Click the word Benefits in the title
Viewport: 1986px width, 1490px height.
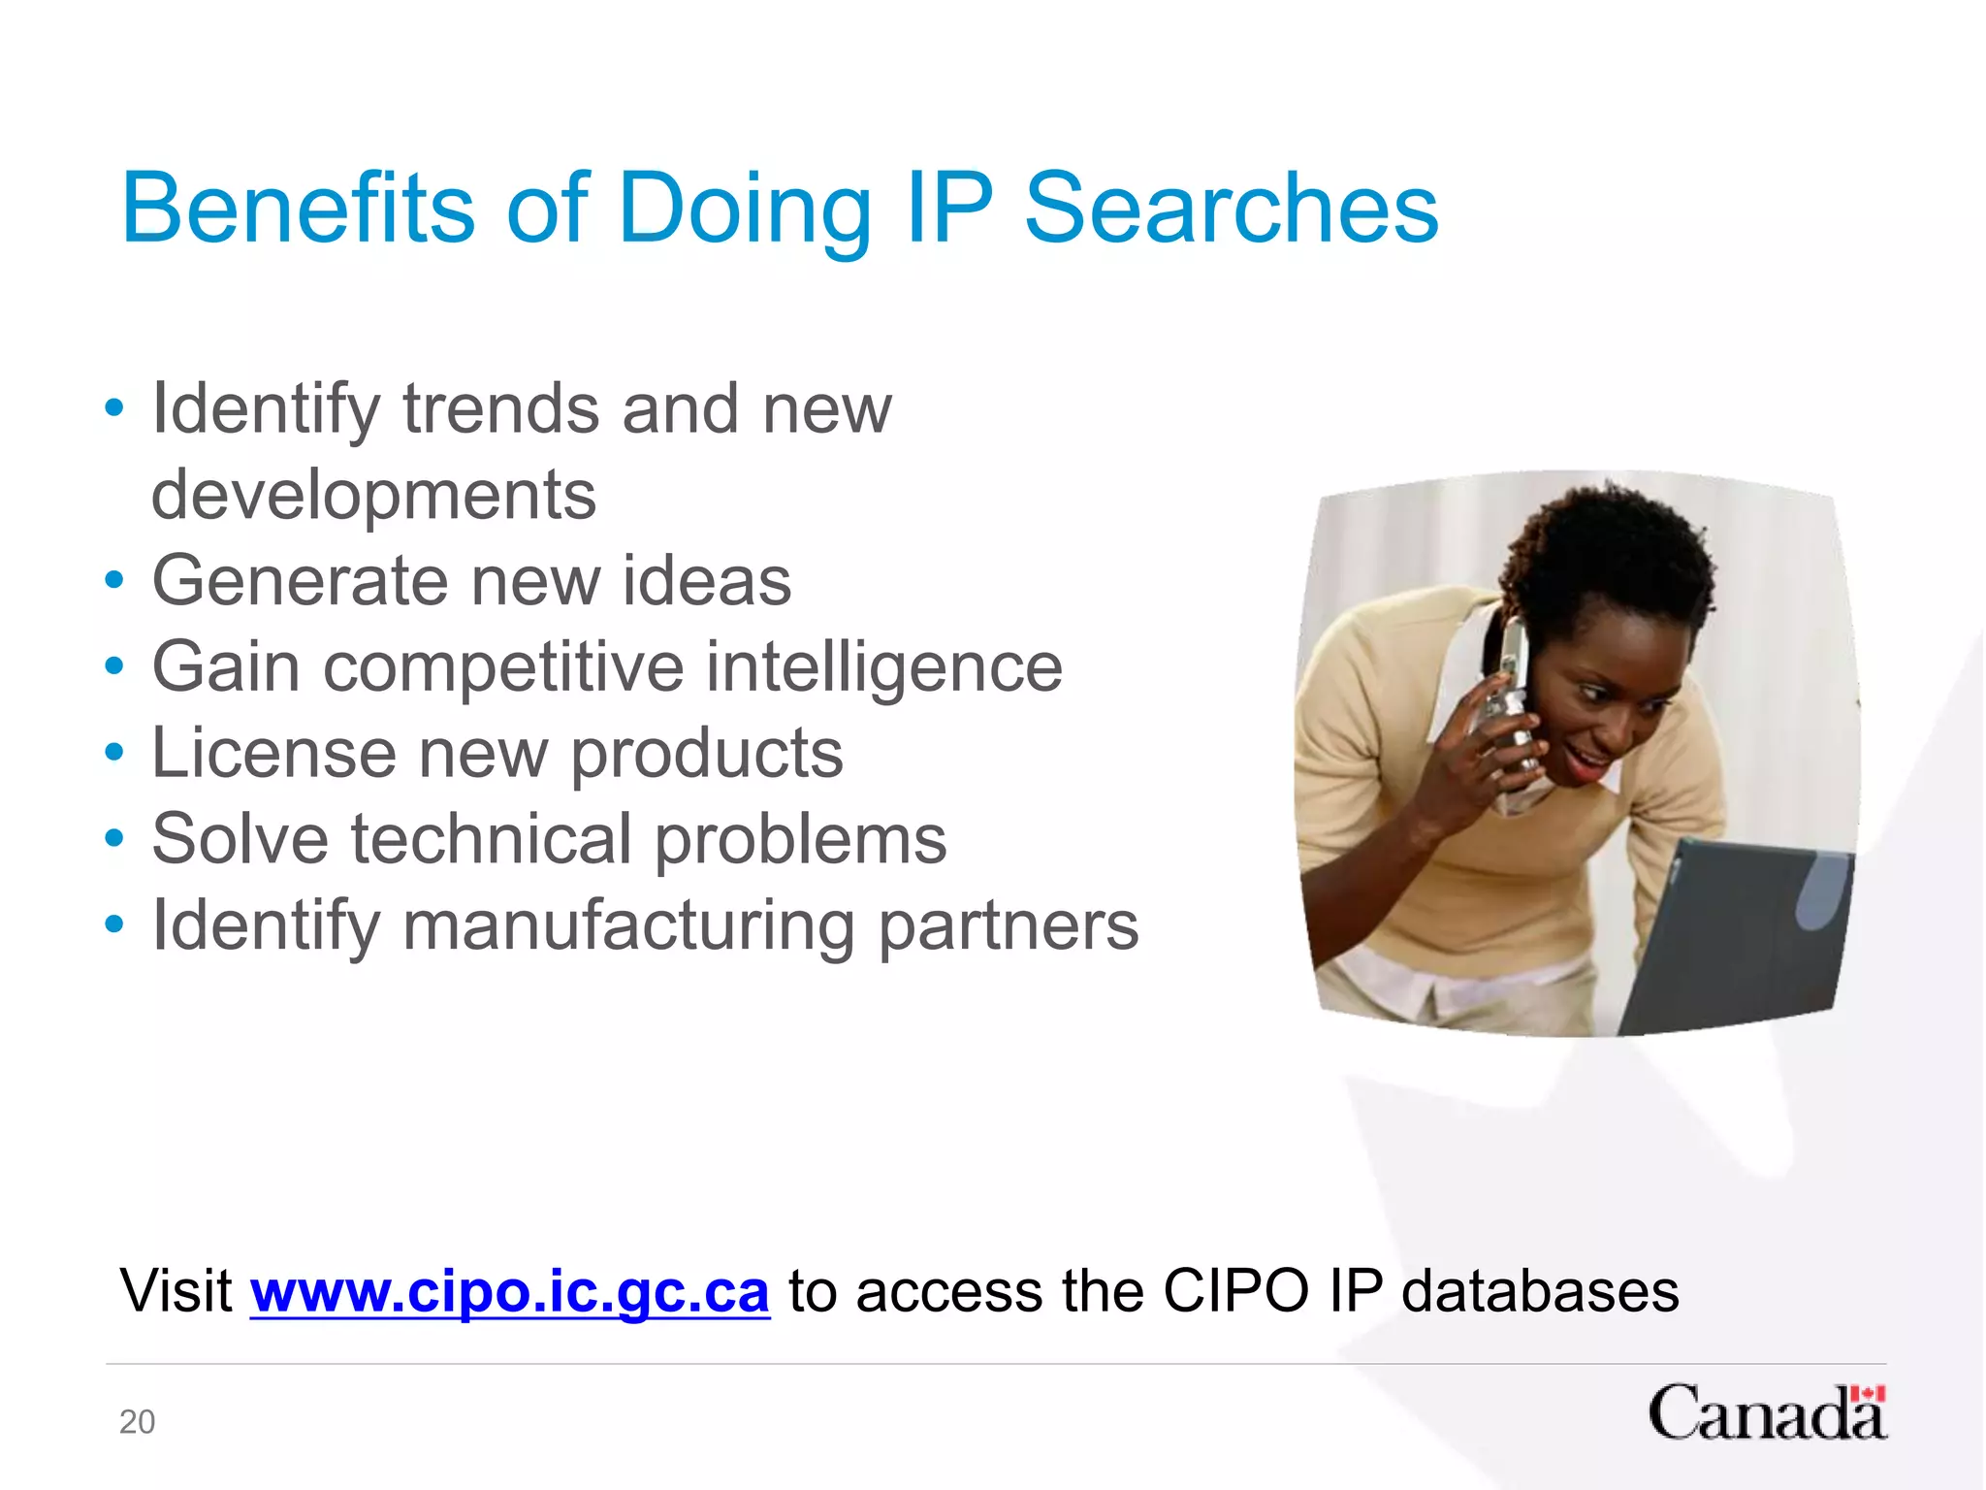297,208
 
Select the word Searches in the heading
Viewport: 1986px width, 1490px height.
1231,208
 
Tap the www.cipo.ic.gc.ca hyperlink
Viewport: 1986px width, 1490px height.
510,1291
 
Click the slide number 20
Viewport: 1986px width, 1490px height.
137,1421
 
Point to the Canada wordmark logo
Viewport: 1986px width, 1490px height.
1765,1414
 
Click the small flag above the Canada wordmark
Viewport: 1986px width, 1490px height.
1867,1395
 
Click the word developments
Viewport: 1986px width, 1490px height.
373,495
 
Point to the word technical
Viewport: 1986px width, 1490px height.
491,839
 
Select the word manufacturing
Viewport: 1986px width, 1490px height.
628,925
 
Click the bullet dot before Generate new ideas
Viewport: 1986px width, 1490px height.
114,581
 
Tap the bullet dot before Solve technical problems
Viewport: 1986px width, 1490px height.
114,839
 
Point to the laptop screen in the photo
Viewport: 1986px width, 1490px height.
1736,931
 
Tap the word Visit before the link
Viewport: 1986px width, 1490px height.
176,1291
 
